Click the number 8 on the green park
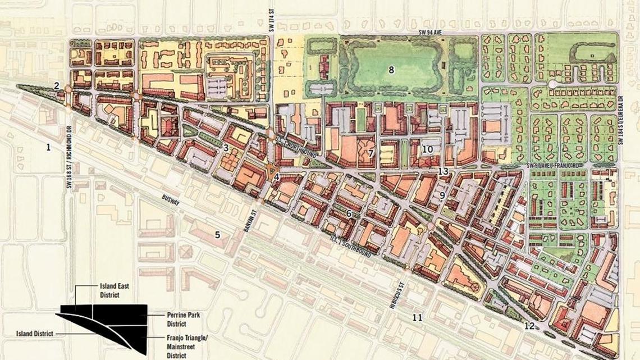(391, 70)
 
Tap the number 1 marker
(48, 147)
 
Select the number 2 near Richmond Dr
(57, 85)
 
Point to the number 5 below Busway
(217, 234)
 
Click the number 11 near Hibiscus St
(417, 318)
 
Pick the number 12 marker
(529, 326)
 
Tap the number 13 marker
(444, 171)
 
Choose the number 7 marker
(371, 153)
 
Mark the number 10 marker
(428, 149)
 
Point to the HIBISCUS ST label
(403, 291)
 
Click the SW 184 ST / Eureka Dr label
(621, 124)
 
